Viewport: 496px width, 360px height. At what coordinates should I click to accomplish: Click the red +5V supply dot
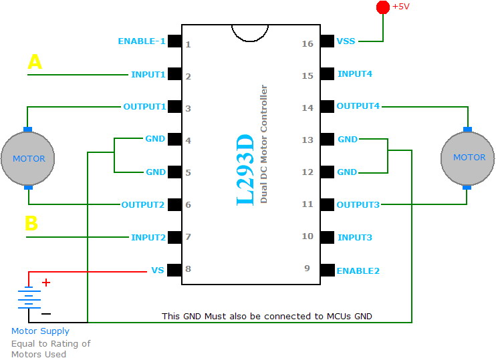point(383,7)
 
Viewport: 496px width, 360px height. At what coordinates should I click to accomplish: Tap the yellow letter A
point(34,63)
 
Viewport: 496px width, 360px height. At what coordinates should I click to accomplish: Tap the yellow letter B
point(31,224)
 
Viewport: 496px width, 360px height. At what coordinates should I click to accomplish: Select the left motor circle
point(28,159)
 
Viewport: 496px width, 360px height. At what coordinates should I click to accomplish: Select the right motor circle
point(468,158)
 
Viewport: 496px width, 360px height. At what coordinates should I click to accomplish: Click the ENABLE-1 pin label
point(141,41)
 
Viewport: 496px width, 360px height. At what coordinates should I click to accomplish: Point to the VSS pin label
point(347,41)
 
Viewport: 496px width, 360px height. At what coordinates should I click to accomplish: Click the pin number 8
point(188,270)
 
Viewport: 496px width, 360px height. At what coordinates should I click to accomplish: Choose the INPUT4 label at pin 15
point(354,74)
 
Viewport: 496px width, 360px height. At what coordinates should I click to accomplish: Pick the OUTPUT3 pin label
point(358,204)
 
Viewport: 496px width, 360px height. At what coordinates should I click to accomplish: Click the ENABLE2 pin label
point(358,271)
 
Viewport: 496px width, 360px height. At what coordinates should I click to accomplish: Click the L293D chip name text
point(246,171)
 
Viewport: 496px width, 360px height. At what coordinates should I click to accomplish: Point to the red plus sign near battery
point(46,283)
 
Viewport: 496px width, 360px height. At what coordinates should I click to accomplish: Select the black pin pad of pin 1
point(174,41)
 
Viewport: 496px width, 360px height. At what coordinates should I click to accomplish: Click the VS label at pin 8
point(158,271)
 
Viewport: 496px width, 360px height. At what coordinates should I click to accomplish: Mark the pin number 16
point(307,44)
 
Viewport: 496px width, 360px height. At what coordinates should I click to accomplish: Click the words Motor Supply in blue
point(40,331)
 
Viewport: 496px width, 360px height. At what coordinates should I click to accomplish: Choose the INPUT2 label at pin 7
point(148,237)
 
